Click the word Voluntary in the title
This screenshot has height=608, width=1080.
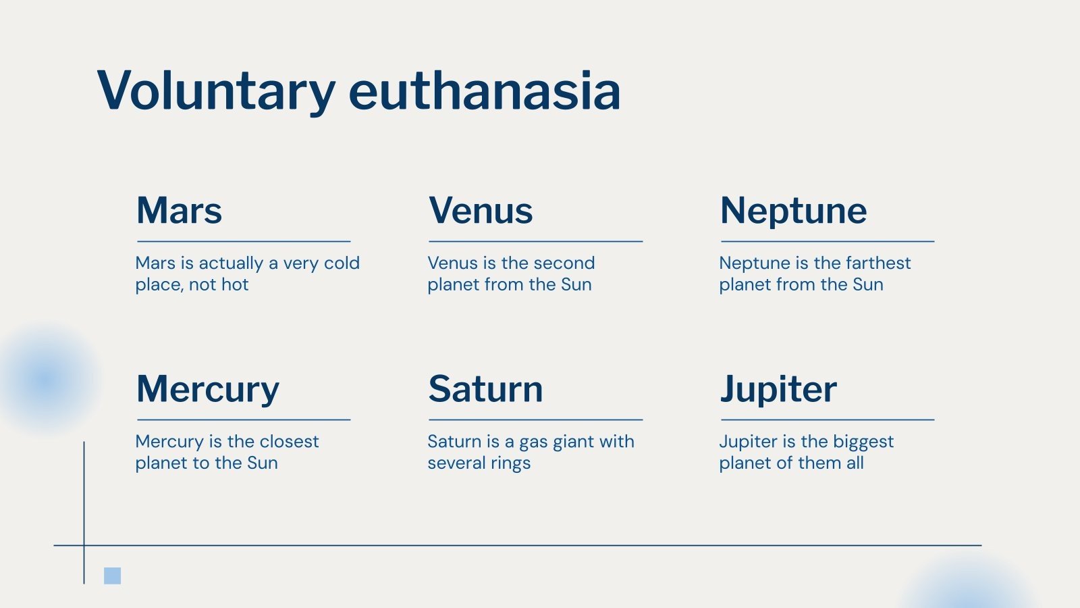pyautogui.click(x=216, y=91)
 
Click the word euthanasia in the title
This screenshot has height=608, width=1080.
pyautogui.click(x=484, y=91)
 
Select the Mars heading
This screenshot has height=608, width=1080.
pyautogui.click(x=179, y=210)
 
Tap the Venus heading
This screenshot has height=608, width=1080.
pyautogui.click(x=481, y=210)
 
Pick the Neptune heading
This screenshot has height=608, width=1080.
pyautogui.click(x=793, y=210)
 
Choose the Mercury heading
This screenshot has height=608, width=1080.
pyautogui.click(x=207, y=389)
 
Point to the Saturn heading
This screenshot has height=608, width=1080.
pyautogui.click(x=485, y=389)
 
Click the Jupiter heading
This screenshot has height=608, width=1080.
pyautogui.click(x=778, y=389)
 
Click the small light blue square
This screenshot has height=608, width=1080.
pyautogui.click(x=112, y=576)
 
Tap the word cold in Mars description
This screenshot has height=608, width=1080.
pyautogui.click(x=342, y=263)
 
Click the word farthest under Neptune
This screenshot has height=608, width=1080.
pyautogui.click(x=877, y=263)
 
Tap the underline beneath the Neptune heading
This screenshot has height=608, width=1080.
pyautogui.click(x=828, y=241)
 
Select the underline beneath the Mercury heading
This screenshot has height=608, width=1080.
pyautogui.click(x=244, y=420)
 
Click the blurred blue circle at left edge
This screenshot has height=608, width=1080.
pyautogui.click(x=45, y=378)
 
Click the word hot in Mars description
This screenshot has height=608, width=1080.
pyautogui.click(x=235, y=284)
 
